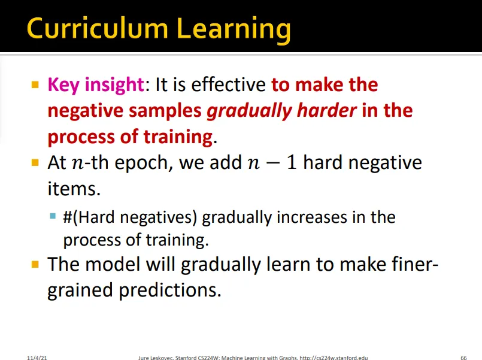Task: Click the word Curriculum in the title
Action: click(98, 28)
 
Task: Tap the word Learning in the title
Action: click(234, 31)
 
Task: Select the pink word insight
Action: click(114, 85)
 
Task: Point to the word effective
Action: click(228, 84)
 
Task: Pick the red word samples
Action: click(165, 111)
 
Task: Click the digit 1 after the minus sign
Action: click(292, 163)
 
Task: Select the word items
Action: click(74, 189)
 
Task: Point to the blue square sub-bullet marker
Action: click(53, 216)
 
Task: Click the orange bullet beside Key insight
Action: click(35, 84)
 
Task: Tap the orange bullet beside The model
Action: click(35, 264)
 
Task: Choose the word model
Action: click(113, 264)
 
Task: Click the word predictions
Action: click(170, 290)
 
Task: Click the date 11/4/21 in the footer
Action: click(37, 358)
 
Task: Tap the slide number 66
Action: click(463, 358)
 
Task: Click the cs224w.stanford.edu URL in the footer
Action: click(334, 358)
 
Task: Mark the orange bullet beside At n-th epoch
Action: click(35, 162)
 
